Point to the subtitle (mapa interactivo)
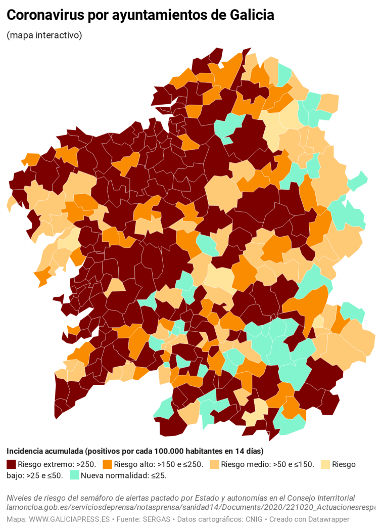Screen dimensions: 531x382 [44, 35]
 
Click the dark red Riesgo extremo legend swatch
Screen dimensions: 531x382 [11, 464]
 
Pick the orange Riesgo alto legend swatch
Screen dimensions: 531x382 [107, 464]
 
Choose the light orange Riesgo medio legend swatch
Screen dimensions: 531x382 [214, 464]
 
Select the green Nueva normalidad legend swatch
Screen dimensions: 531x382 [74, 475]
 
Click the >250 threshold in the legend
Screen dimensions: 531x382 [86, 464]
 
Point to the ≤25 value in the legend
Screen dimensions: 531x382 [159, 475]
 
